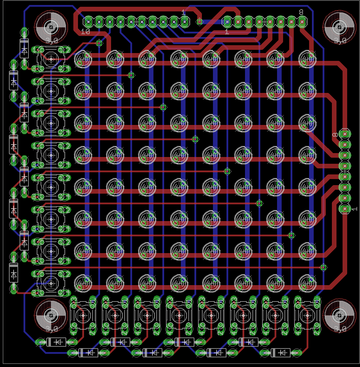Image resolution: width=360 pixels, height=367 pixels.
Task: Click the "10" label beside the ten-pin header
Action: [x=85, y=31]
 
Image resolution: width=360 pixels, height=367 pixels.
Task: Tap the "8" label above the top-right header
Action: [x=301, y=12]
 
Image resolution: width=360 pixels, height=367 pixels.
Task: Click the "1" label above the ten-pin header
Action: [x=183, y=12]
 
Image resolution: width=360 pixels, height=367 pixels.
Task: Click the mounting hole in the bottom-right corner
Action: [x=339, y=315]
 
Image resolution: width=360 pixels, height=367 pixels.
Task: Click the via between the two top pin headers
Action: [x=200, y=22]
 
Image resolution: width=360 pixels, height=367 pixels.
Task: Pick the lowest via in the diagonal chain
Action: [x=323, y=267]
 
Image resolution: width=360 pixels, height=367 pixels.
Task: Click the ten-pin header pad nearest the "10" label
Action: [x=88, y=22]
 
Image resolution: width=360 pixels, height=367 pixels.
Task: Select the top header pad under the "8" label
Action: [x=302, y=22]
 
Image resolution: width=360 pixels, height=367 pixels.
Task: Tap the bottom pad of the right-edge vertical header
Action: [x=345, y=209]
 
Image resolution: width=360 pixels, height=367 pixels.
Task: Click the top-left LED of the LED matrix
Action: [x=83, y=59]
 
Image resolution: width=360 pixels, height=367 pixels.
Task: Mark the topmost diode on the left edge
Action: [x=24, y=48]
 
